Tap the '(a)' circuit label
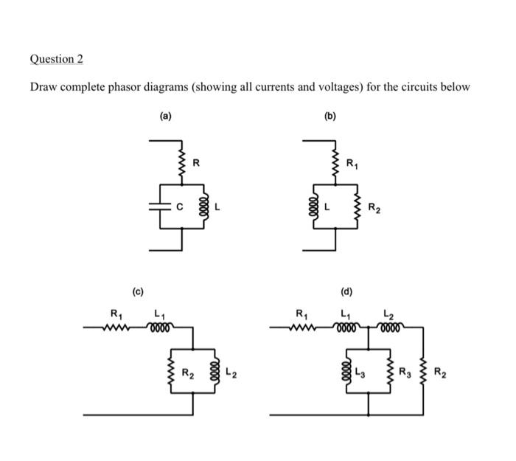point(166,116)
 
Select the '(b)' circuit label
point(330,116)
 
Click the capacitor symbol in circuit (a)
point(156,207)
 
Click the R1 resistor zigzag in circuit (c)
point(116,327)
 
